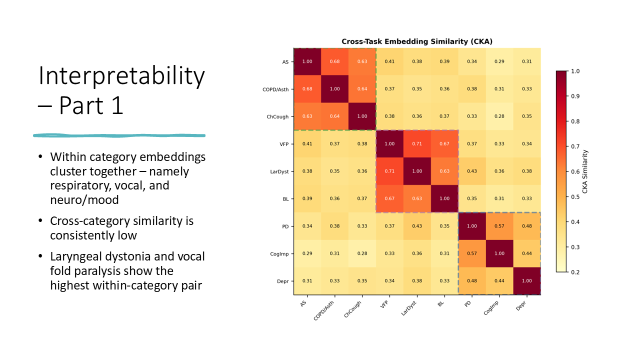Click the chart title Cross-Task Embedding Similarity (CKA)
pyautogui.click(x=417, y=41)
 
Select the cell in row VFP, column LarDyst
pyautogui.click(x=417, y=143)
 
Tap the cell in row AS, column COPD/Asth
pyautogui.click(x=334, y=61)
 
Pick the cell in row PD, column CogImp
pyautogui.click(x=499, y=226)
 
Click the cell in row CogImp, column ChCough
pyautogui.click(x=362, y=253)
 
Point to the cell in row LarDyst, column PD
pyautogui.click(x=471, y=171)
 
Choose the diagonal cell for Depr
pyautogui.click(x=526, y=281)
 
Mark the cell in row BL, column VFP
pyautogui.click(x=389, y=198)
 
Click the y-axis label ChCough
pyautogui.click(x=277, y=116)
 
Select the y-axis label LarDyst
pyautogui.click(x=279, y=171)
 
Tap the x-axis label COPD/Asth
pyautogui.click(x=323, y=311)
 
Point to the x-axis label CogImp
pyautogui.click(x=491, y=308)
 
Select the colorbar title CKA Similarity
pyautogui.click(x=585, y=171)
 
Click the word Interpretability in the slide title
pyautogui.click(x=121, y=76)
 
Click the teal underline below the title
pyautogui.click(x=119, y=135)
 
